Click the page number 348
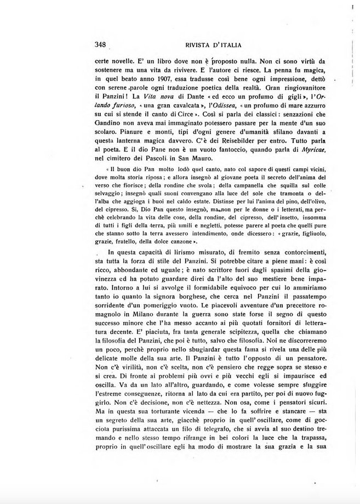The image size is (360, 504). point(100,44)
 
